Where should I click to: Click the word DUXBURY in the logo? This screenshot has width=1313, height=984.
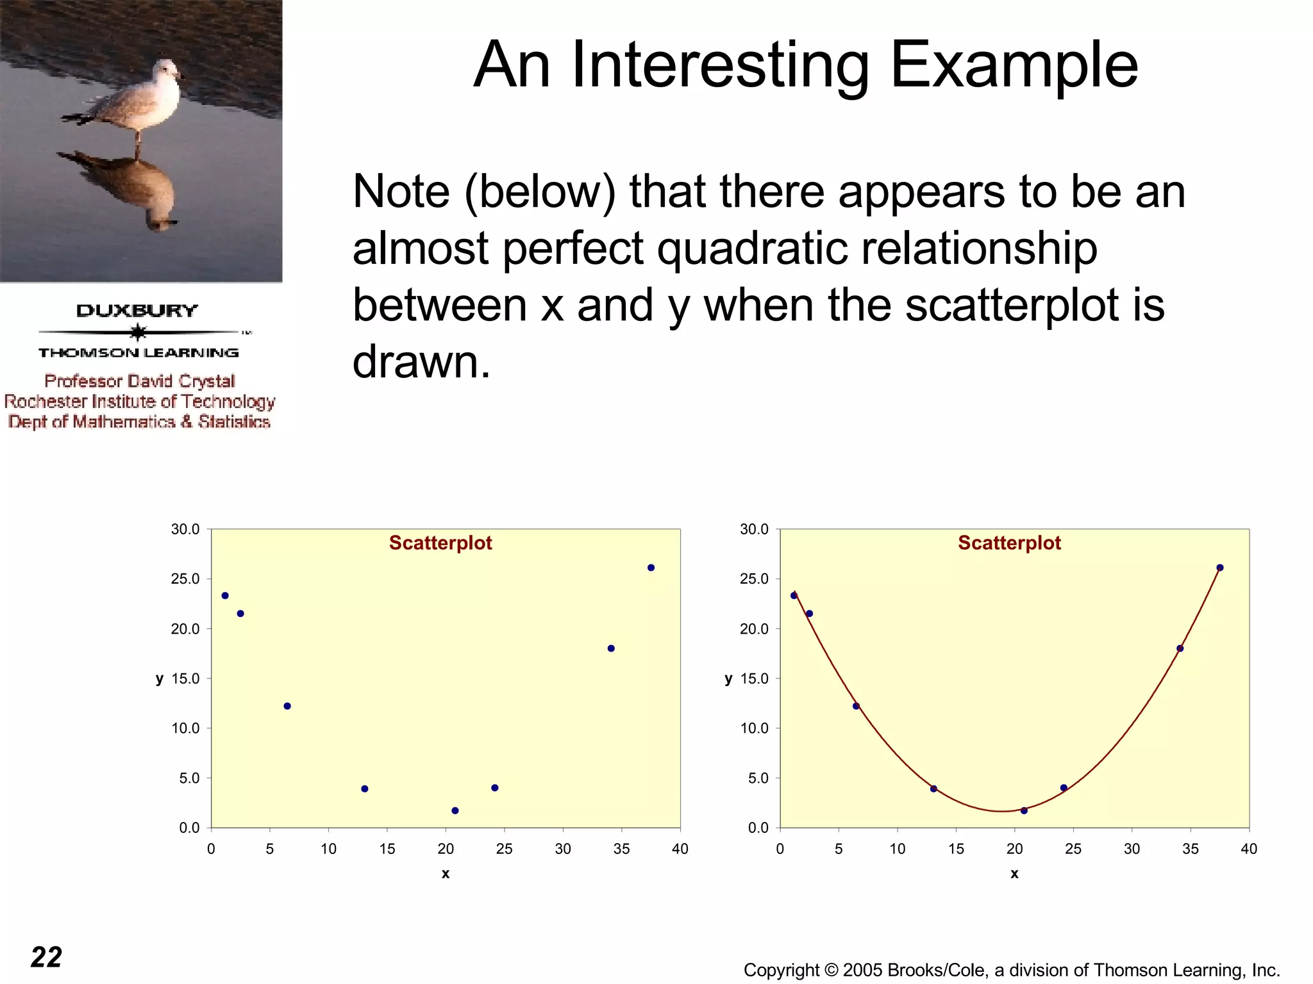click(x=137, y=311)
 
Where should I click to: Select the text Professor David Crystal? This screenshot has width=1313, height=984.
click(x=140, y=381)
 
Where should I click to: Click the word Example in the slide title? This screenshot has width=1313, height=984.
click(x=1014, y=65)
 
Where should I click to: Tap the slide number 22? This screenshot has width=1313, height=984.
click(x=46, y=957)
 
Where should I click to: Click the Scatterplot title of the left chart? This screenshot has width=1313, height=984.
click(x=440, y=543)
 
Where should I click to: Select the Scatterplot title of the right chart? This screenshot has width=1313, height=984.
click(x=1009, y=543)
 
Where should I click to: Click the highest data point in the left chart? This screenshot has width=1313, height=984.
click(x=651, y=568)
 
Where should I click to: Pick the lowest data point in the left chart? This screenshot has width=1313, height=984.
click(x=455, y=810)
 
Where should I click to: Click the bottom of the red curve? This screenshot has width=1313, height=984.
click(x=1002, y=811)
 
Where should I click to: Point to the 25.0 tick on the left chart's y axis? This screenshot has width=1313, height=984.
click(x=185, y=579)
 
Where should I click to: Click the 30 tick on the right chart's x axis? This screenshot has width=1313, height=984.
click(x=1132, y=849)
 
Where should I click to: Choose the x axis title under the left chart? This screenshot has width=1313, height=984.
click(x=446, y=874)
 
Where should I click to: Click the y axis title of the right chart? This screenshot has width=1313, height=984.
click(x=728, y=679)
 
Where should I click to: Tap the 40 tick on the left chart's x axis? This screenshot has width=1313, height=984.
click(x=680, y=849)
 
